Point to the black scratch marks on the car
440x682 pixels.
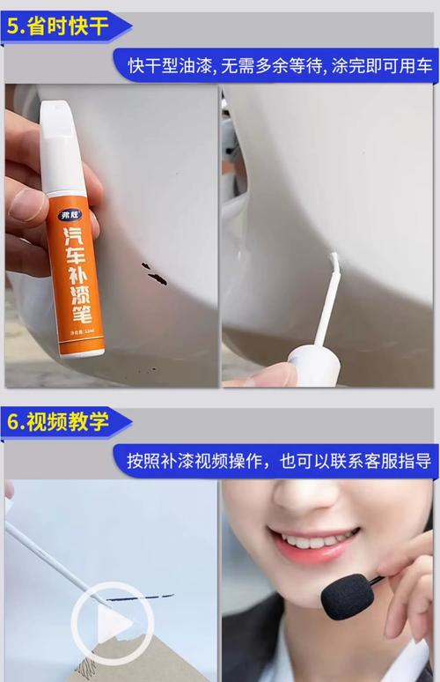(155, 274)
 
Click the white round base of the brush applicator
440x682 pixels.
(314, 363)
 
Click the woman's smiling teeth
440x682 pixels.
(312, 538)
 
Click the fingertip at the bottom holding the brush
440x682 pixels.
(264, 376)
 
